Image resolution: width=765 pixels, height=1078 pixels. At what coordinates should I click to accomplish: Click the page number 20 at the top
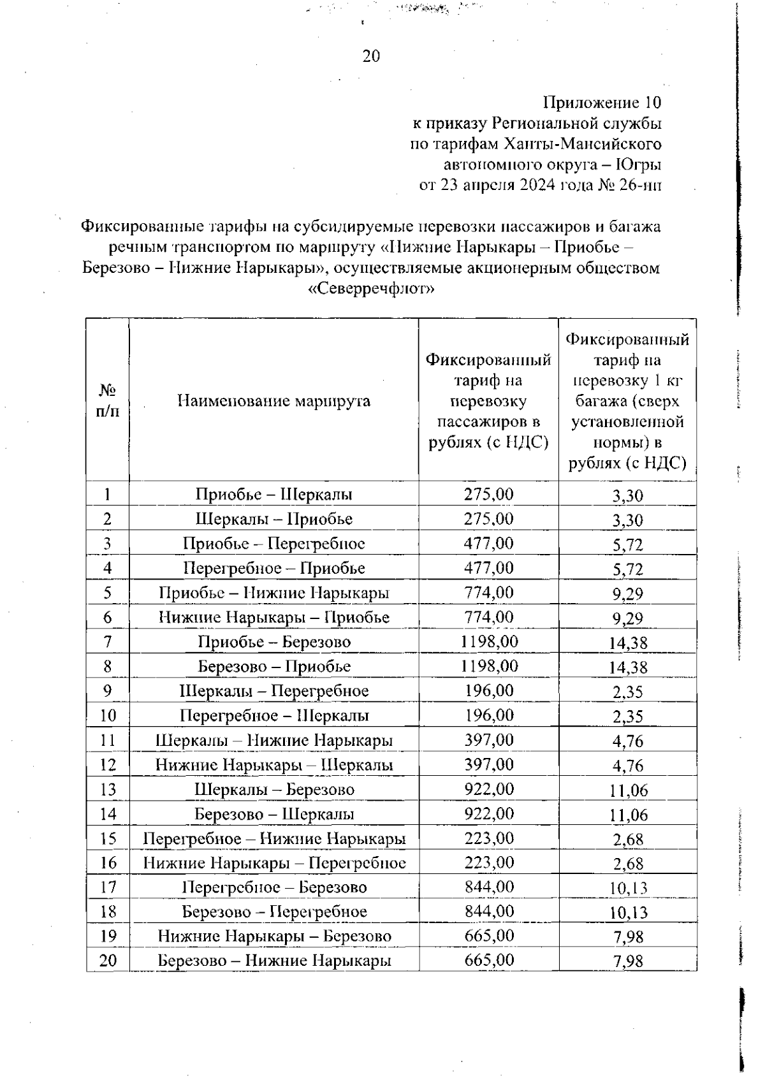(371, 57)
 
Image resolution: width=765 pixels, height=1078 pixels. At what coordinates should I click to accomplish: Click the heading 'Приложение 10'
(602, 103)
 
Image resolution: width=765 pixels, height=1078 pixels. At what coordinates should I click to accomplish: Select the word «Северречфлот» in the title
(371, 289)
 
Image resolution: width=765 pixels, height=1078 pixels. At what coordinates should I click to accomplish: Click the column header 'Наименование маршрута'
(273, 401)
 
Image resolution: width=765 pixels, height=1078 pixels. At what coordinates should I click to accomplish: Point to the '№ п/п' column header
(107, 400)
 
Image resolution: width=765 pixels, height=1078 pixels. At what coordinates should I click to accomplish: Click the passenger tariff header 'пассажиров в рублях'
(488, 432)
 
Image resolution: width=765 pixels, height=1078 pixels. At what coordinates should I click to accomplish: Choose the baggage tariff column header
(627, 401)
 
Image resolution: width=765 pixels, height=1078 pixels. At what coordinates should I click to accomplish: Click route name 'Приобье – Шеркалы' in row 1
(273, 495)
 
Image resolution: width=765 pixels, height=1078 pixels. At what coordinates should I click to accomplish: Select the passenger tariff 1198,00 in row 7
(489, 641)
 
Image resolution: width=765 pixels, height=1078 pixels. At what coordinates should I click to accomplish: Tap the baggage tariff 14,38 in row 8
(627, 667)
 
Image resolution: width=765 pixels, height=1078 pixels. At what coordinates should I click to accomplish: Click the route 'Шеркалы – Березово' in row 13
(274, 789)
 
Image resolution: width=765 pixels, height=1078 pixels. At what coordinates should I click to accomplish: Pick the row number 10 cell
(108, 715)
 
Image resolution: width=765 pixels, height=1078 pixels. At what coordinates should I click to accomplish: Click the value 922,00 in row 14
(489, 813)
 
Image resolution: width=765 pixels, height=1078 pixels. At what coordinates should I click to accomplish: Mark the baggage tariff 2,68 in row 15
(628, 840)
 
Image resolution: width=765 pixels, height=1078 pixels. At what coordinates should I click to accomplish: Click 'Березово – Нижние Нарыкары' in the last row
(274, 961)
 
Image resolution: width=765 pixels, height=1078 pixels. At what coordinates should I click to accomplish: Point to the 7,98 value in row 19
(628, 937)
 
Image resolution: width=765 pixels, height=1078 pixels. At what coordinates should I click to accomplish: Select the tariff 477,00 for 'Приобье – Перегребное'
(489, 543)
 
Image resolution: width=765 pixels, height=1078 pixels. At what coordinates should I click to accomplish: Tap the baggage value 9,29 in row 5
(627, 594)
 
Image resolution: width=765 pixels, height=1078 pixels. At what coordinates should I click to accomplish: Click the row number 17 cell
(108, 887)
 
